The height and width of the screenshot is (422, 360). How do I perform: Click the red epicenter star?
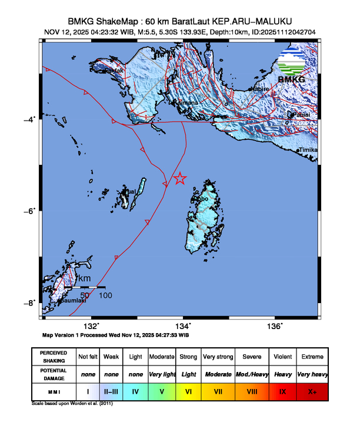[180, 178]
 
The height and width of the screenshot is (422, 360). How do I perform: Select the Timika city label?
[309, 151]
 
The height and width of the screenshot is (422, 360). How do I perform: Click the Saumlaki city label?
[72, 300]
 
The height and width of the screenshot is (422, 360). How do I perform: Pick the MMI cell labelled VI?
[189, 391]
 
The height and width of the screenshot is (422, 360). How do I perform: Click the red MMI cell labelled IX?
[282, 391]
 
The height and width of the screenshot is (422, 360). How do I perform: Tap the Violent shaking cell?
[282, 357]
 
